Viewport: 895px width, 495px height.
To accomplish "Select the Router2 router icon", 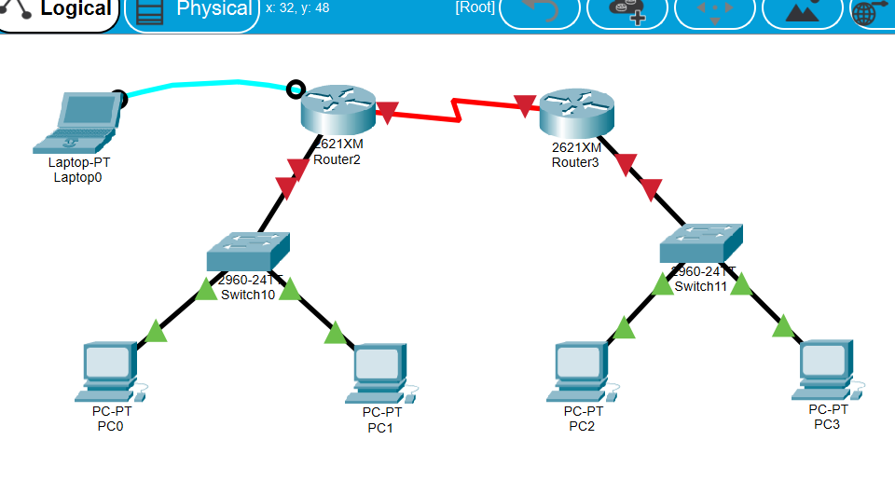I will click(x=337, y=109).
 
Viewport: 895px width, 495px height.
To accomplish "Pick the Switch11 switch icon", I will click(x=702, y=243).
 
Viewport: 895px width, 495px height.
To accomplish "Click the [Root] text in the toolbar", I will click(x=475, y=8).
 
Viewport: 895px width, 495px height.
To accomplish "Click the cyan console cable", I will click(x=205, y=84).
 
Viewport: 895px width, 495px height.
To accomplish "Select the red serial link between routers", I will click(x=457, y=109).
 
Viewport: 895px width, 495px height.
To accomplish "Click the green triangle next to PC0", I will click(x=157, y=330).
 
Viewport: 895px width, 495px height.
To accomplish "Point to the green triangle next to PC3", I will click(x=783, y=326).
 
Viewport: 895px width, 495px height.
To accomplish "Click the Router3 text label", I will click(x=575, y=162).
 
